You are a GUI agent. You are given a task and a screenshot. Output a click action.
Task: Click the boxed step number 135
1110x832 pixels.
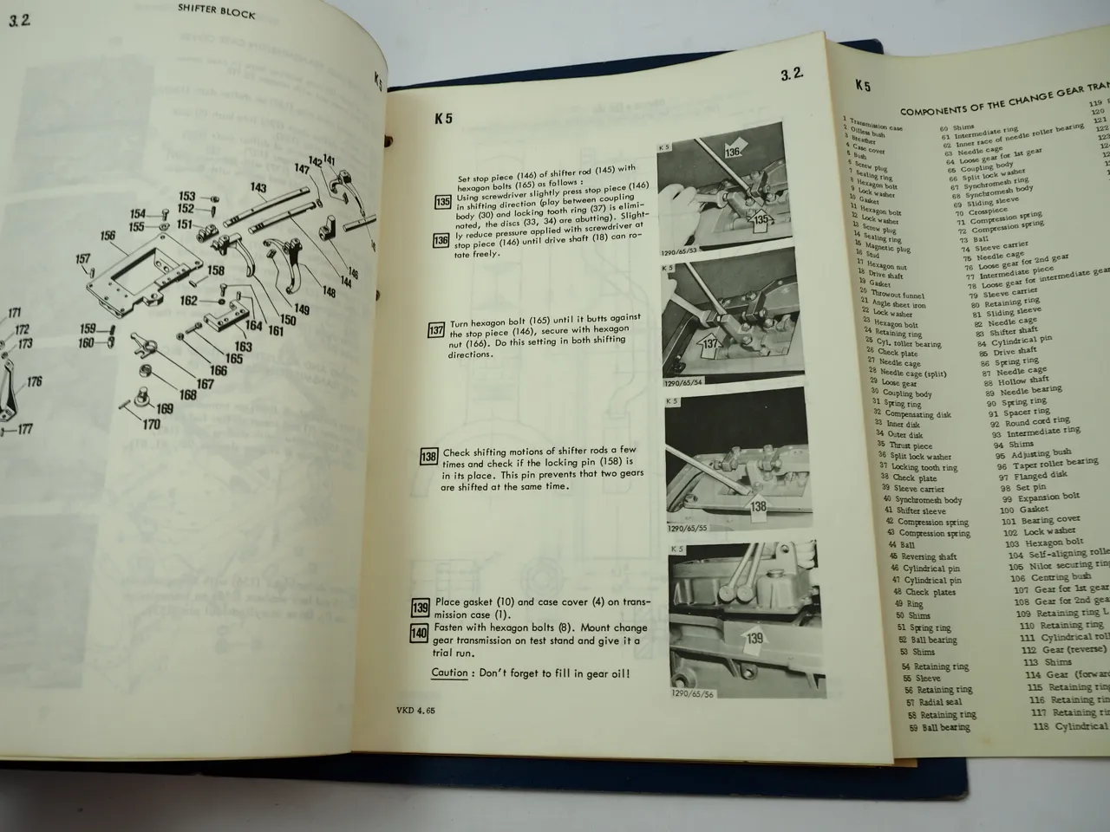(x=442, y=203)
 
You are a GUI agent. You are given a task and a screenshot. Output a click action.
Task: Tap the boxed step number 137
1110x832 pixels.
(x=438, y=331)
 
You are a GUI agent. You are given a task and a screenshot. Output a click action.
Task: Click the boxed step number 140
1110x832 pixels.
(x=420, y=634)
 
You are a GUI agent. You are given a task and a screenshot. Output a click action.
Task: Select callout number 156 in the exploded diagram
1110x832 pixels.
(x=108, y=236)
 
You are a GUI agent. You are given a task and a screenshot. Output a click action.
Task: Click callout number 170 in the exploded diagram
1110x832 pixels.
(x=151, y=425)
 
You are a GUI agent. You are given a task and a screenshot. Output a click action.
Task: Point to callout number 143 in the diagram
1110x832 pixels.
(x=258, y=187)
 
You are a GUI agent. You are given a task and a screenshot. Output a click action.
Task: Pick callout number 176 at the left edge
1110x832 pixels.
(x=34, y=381)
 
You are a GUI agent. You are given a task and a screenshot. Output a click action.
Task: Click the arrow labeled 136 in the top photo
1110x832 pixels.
(x=733, y=153)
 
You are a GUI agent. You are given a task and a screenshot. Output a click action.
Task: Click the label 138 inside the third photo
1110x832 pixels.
(x=758, y=507)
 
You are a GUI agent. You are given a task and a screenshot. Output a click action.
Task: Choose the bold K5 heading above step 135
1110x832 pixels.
(x=443, y=120)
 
